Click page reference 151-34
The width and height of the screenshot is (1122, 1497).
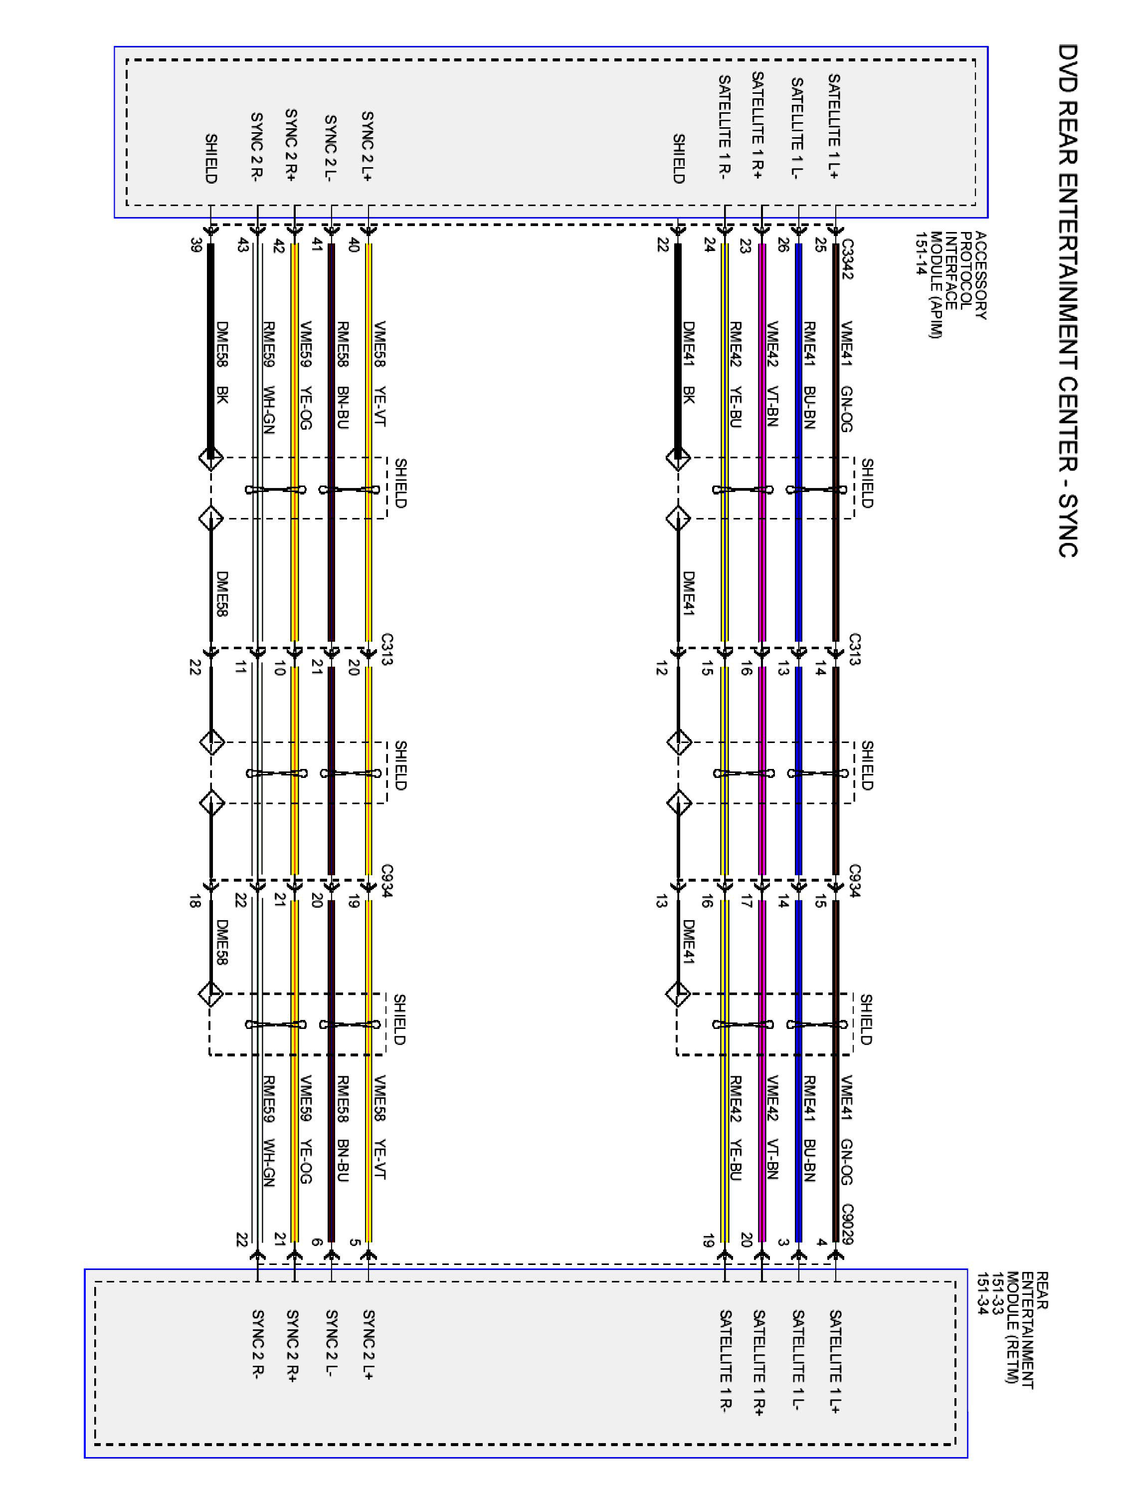click(981, 1293)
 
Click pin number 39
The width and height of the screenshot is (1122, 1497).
click(196, 246)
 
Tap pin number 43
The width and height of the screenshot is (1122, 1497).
click(242, 246)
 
